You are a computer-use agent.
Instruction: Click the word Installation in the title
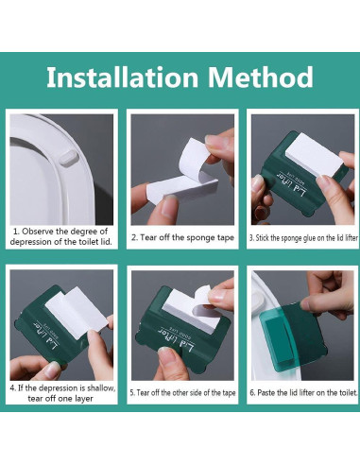pos(122,77)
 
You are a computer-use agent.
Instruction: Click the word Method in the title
pos(260,77)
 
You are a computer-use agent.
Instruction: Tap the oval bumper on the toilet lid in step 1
pos(68,158)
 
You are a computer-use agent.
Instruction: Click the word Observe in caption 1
pos(38,232)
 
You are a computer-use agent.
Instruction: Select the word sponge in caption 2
pos(199,237)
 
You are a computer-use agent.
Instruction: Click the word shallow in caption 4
pos(101,387)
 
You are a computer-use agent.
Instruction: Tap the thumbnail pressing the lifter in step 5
pos(166,353)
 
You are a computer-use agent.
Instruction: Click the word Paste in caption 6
pos(266,393)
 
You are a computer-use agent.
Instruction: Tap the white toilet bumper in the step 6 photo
pos(260,299)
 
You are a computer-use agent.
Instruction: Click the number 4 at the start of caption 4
pos(12,387)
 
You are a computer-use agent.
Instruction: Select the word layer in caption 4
pos(83,399)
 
